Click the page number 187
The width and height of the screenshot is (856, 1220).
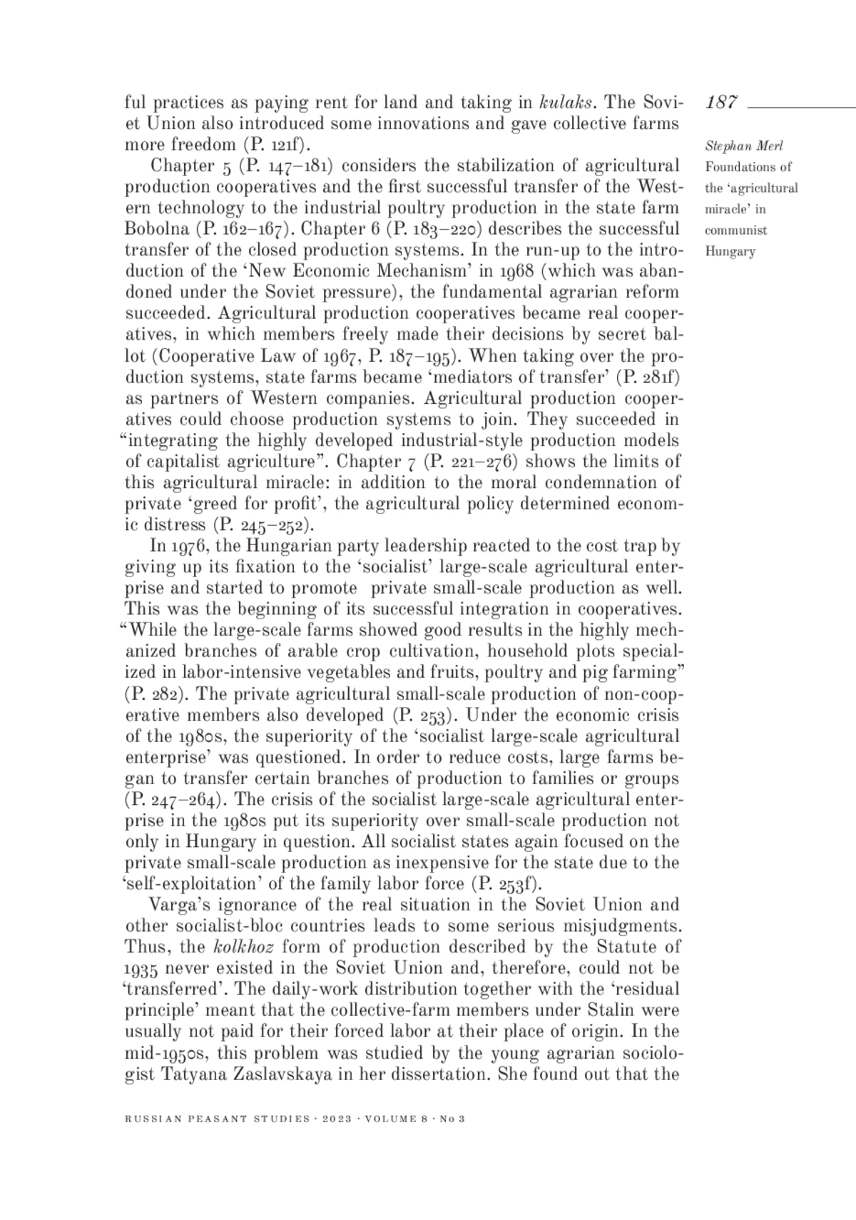721,103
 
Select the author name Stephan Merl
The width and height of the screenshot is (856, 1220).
734,146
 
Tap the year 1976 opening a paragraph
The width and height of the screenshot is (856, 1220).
189,547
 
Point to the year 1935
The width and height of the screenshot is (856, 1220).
141,969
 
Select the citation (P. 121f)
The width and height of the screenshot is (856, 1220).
277,145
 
